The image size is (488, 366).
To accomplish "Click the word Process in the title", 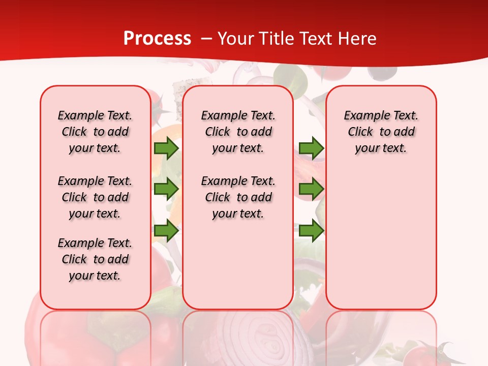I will [157, 39].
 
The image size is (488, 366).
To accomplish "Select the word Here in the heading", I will [358, 39].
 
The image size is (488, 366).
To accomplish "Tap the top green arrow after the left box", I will [166, 148].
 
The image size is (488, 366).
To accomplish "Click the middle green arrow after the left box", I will [166, 189].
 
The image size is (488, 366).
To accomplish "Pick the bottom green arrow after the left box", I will [166, 231].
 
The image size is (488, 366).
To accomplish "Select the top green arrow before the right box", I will [311, 148].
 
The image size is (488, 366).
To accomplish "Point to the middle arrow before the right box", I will [311, 189].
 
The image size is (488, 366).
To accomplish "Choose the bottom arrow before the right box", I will [311, 231].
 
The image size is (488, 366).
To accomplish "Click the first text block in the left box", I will [95, 132].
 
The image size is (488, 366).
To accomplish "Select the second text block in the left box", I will [95, 197].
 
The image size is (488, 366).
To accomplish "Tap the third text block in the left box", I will [95, 259].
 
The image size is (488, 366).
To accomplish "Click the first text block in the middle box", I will [238, 132].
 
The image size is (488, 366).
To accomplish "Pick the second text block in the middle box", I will [238, 197].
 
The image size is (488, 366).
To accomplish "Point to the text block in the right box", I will [381, 132].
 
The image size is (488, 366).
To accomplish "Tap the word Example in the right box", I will [362, 115].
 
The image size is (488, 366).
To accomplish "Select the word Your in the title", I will [235, 39].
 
